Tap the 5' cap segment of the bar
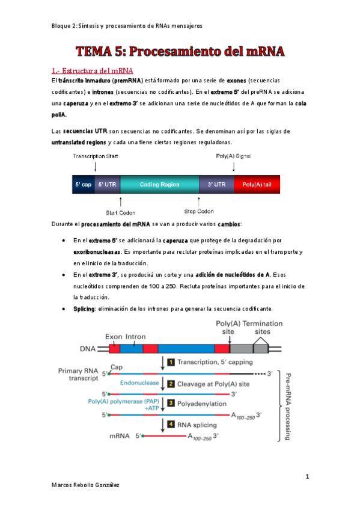82,185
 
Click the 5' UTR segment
107,185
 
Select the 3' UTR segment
216,185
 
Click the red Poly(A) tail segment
257,185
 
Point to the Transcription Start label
96,156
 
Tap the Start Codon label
120,212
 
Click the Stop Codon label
198,212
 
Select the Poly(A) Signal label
233,156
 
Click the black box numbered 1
171,362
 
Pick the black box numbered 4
171,424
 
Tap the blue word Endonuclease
139,382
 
